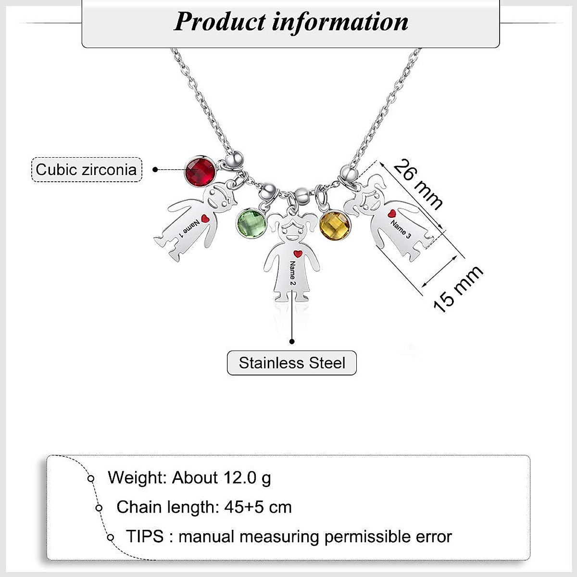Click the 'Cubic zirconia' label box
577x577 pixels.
[87, 169]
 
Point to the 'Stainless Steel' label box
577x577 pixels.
[292, 363]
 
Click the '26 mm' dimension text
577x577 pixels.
[417, 184]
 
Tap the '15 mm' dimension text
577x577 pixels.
[457, 289]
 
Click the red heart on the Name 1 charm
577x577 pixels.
[205, 219]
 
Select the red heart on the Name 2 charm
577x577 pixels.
[297, 253]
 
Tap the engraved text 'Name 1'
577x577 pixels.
[188, 228]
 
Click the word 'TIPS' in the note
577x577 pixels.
[145, 536]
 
